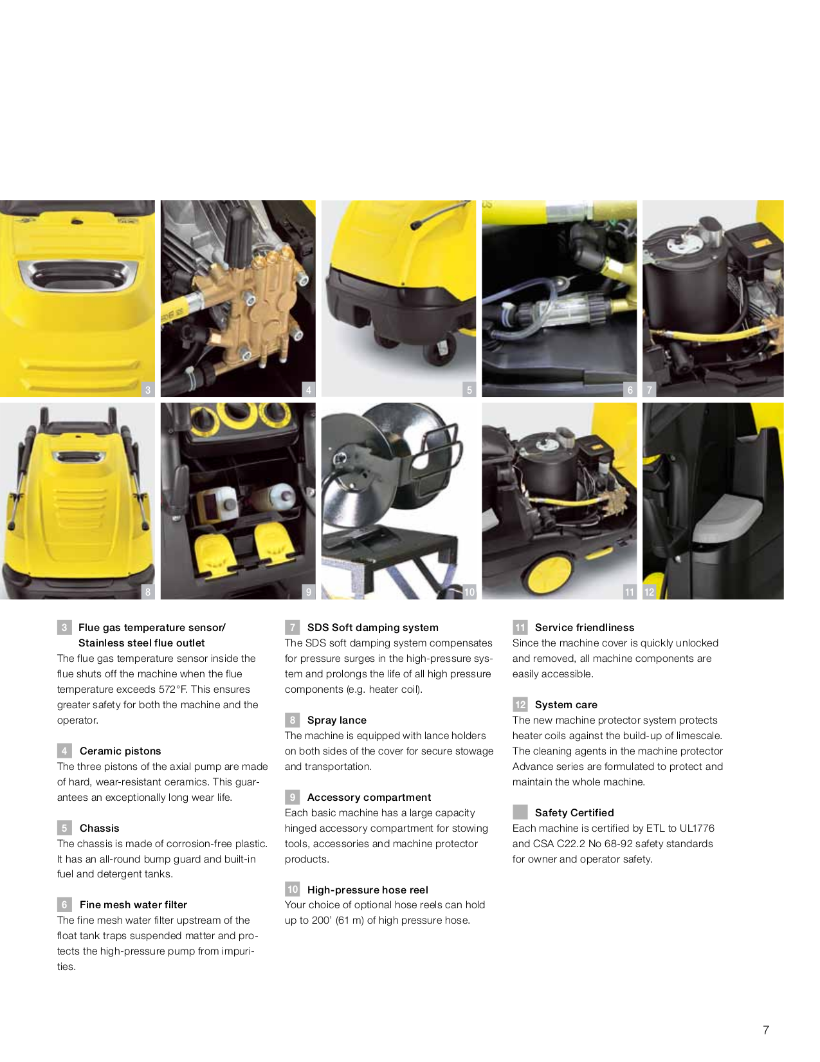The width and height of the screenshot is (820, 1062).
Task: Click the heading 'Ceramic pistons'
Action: (120, 751)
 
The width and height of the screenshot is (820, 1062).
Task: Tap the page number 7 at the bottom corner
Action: (765, 1030)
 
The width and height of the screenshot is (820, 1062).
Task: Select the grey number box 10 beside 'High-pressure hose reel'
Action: (293, 889)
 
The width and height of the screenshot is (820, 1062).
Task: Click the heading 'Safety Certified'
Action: (574, 812)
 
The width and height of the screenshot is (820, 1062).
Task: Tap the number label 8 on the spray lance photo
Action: (148, 592)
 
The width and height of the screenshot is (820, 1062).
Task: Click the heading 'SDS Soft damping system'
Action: (372, 627)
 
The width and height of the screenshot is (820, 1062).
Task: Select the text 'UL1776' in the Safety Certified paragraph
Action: (697, 828)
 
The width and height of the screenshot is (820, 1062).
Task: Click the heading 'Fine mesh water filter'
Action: (133, 904)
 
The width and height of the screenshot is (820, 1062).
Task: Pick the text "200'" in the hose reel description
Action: (322, 920)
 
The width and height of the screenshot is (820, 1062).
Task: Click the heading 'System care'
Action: (566, 704)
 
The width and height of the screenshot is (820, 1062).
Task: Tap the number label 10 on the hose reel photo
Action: (469, 592)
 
